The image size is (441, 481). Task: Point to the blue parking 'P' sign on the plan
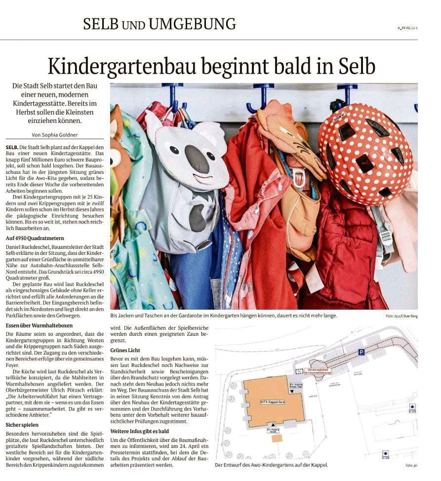tap(361, 352)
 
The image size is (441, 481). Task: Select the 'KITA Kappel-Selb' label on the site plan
tap(273, 402)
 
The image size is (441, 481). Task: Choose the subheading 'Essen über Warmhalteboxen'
tap(39, 326)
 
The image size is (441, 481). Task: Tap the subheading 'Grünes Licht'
tap(125, 350)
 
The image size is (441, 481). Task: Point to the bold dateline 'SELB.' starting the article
tap(12, 148)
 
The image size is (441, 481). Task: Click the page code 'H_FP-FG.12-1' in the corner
tap(407, 28)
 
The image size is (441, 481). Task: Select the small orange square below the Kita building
tap(277, 438)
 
